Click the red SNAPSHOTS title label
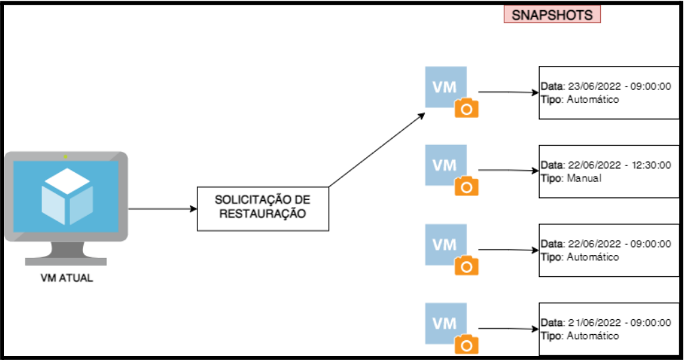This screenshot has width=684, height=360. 552,14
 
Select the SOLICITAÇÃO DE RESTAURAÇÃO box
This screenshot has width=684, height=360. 263,208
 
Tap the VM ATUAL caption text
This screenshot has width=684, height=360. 67,278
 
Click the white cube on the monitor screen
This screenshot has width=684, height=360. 67,196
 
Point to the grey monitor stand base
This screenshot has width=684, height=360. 66,261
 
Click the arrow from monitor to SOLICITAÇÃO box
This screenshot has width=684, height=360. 163,208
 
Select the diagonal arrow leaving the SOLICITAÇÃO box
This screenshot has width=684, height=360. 377,150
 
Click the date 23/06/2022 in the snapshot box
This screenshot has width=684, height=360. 594,86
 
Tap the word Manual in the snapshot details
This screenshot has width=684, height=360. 584,178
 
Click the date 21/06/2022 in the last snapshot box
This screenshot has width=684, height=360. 594,323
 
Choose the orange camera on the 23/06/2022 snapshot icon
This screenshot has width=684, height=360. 466,108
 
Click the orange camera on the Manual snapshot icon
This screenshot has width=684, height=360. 466,186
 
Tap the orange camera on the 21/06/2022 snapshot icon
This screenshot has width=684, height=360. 466,345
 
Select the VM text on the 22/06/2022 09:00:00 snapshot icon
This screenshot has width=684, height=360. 444,245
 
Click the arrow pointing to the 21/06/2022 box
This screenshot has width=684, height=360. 508,329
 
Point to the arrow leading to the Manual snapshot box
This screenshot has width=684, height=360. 508,170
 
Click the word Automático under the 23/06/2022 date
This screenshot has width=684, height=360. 593,99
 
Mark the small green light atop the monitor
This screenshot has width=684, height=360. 65,157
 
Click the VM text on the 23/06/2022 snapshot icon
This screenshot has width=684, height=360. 444,87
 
